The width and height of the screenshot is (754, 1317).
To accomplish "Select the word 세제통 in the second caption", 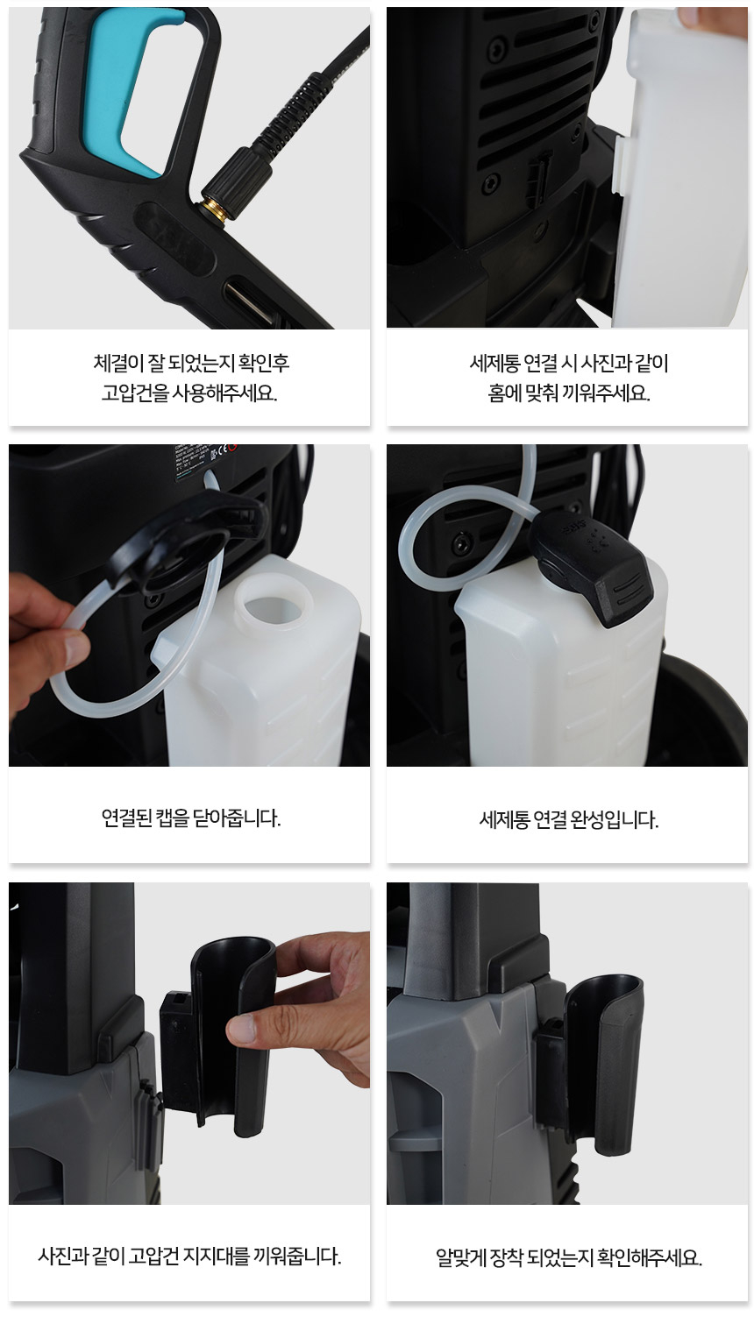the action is pyautogui.click(x=494, y=364).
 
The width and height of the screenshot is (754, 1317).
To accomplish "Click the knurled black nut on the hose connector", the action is pyautogui.click(x=245, y=176).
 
